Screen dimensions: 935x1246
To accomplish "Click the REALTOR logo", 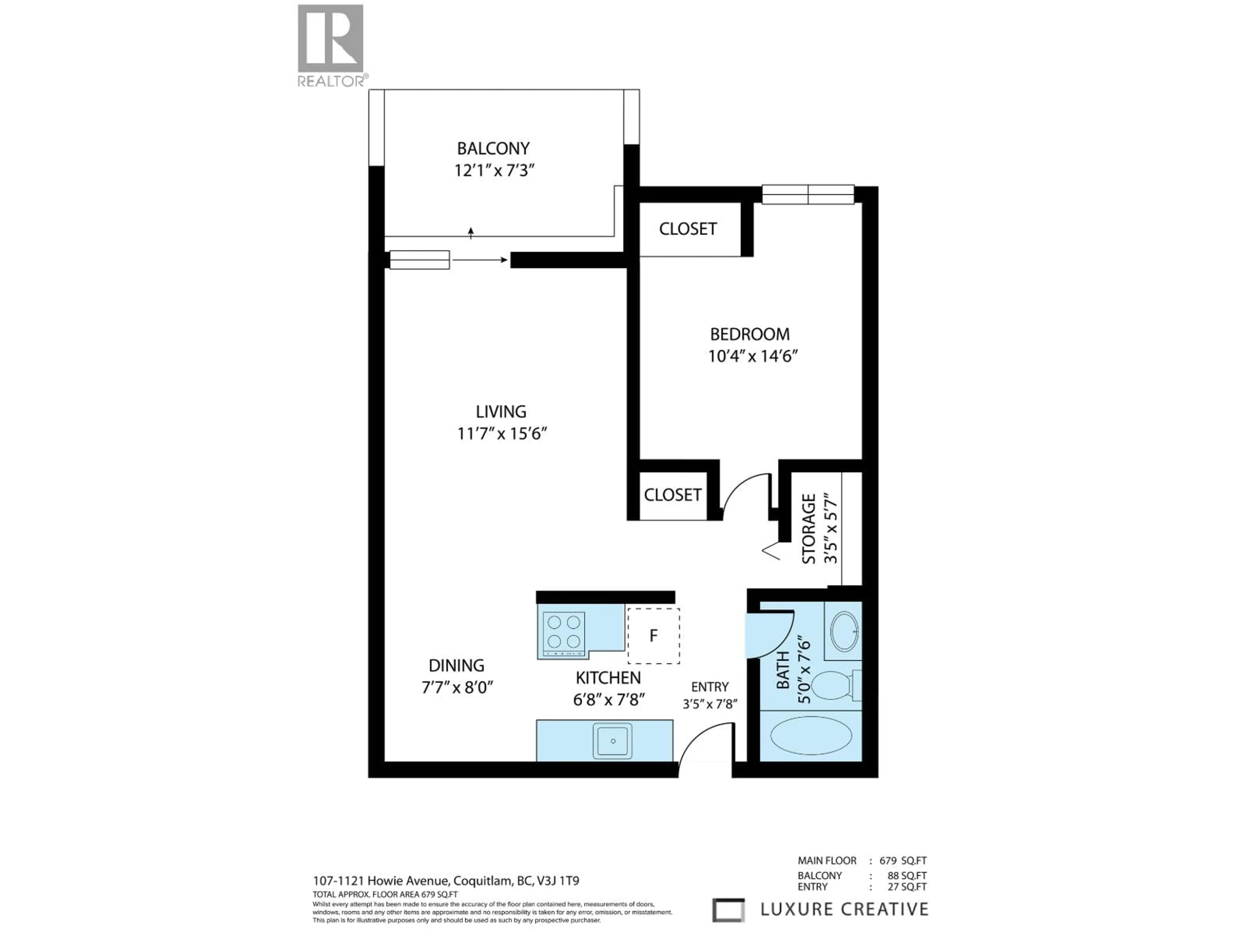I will pos(331,45).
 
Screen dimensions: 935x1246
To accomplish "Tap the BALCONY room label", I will pos(493,149).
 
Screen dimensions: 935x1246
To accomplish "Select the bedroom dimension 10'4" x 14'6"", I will pos(753,356).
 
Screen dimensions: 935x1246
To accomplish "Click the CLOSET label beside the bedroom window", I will pos(688,229).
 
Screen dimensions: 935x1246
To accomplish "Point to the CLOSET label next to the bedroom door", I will pos(673,495).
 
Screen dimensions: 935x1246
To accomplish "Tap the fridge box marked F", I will pos(654,636).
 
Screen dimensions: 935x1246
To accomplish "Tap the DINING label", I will pos(456,666).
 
